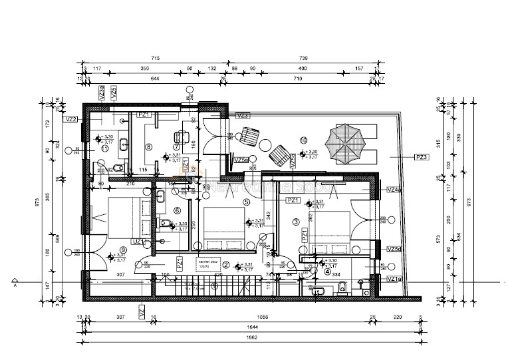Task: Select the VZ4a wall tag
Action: point(394,190)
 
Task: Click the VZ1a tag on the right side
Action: point(394,279)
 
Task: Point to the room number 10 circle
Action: point(303,140)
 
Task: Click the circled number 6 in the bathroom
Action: point(177,211)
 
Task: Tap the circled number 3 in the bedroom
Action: point(296,221)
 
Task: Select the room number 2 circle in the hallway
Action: point(226,264)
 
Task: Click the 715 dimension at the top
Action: point(156,59)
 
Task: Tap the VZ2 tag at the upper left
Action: point(72,120)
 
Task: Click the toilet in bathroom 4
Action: point(341,286)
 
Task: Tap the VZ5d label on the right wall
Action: point(394,249)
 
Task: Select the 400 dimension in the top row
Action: point(303,69)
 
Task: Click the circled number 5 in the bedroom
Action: point(246,202)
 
